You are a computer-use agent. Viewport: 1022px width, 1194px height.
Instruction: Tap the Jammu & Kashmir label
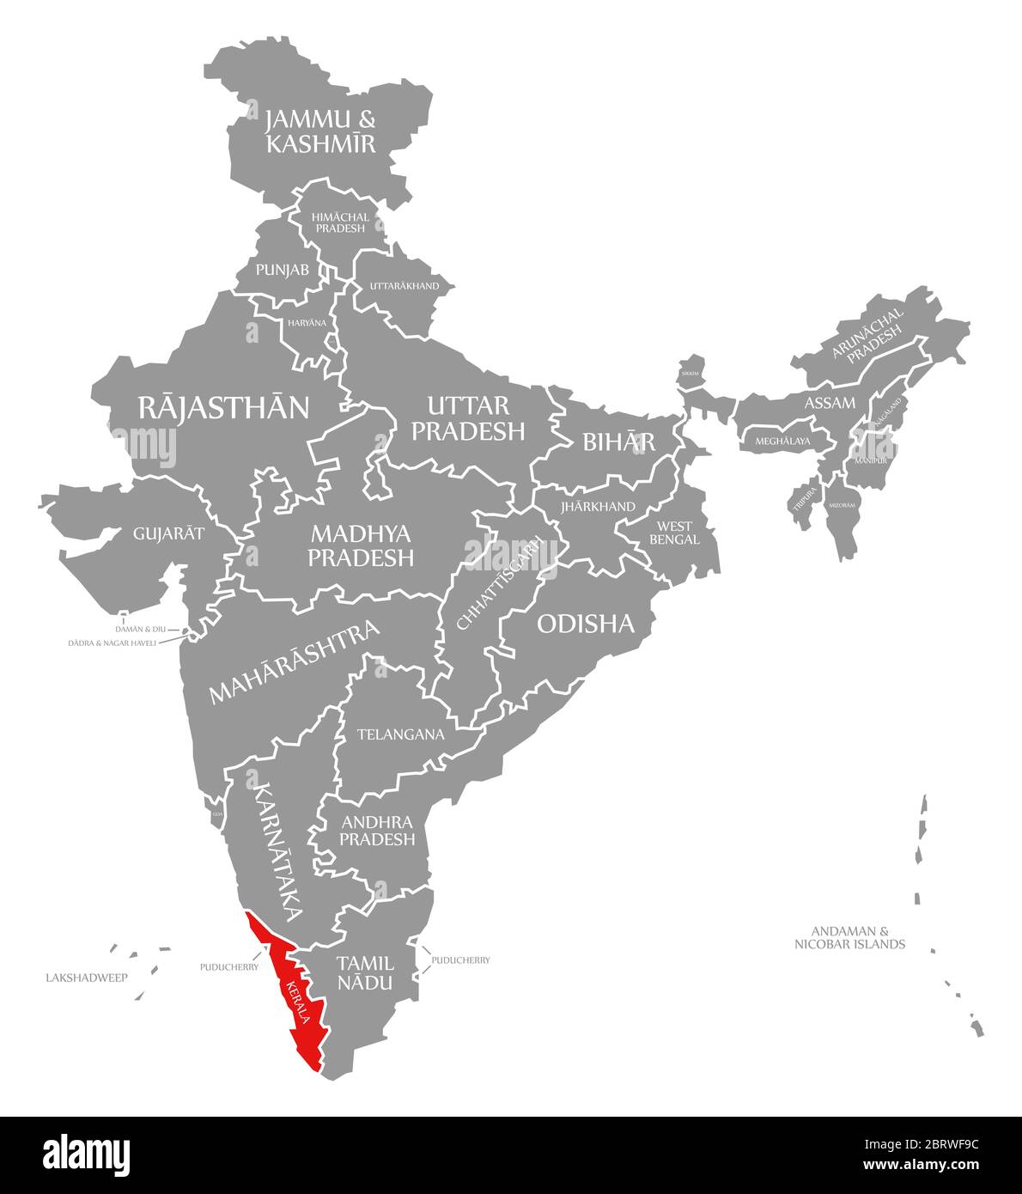pyautogui.click(x=320, y=131)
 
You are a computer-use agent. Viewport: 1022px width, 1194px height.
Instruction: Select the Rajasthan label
pyautogui.click(x=223, y=407)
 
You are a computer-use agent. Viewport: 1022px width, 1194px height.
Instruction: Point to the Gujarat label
pyautogui.click(x=168, y=533)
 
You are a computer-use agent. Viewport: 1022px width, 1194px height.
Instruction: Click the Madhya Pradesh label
pyautogui.click(x=361, y=545)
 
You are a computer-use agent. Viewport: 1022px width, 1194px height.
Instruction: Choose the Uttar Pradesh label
pyautogui.click(x=468, y=417)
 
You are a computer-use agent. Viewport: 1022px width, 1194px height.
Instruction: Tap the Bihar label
pyautogui.click(x=618, y=442)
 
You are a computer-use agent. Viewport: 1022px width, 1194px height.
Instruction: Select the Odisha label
pyautogui.click(x=585, y=624)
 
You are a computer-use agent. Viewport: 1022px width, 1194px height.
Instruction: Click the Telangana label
pyautogui.click(x=400, y=734)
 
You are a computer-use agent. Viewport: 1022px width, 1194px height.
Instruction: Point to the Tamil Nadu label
pyautogui.click(x=365, y=972)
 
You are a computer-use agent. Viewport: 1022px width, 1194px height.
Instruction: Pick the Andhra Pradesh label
pyautogui.click(x=377, y=831)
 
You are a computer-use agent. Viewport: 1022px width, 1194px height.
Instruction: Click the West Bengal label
pyautogui.click(x=674, y=533)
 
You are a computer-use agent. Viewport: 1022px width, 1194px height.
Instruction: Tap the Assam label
pyautogui.click(x=829, y=403)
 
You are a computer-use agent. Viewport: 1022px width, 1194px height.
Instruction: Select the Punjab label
pyautogui.click(x=282, y=270)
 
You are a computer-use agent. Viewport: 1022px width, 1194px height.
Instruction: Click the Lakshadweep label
pyautogui.click(x=86, y=978)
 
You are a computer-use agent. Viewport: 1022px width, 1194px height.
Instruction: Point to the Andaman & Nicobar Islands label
pyautogui.click(x=849, y=937)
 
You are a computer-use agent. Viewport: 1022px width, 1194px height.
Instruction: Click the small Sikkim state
pyautogui.click(x=690, y=372)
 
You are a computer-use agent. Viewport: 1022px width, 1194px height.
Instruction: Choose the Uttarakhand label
pyautogui.click(x=404, y=286)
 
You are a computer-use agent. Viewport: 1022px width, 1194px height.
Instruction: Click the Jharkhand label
pyautogui.click(x=598, y=507)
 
